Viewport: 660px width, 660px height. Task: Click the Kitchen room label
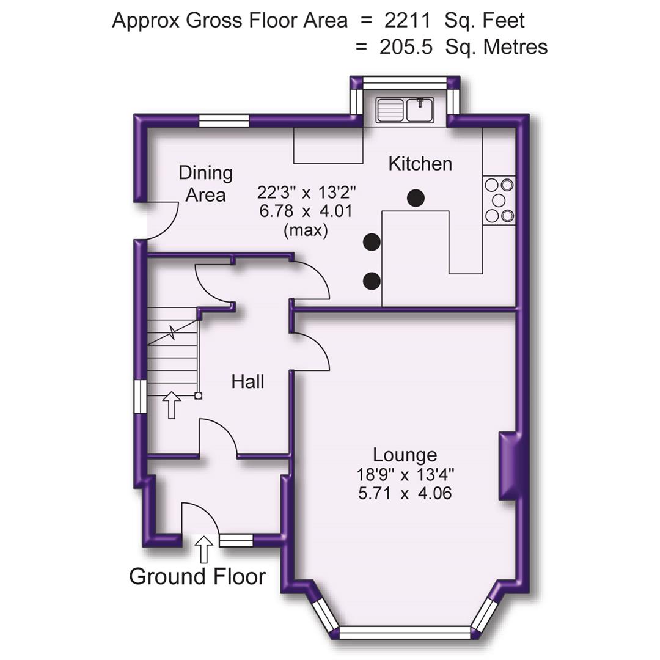tap(420, 164)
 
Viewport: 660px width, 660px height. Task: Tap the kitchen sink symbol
tap(405, 110)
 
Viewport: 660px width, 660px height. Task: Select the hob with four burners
tap(499, 200)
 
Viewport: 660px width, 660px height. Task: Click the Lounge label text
tap(405, 455)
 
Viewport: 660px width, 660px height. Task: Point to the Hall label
tap(248, 382)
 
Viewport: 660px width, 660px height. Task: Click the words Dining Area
tap(206, 184)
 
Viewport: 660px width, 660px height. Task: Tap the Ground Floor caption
tap(197, 576)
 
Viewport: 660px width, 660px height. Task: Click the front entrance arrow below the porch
tap(204, 549)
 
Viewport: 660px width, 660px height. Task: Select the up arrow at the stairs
tap(171, 405)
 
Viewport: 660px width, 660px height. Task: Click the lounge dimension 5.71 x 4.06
tap(405, 493)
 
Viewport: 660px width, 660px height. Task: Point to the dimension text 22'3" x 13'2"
tap(306, 193)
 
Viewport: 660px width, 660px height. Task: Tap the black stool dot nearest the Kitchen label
tap(416, 197)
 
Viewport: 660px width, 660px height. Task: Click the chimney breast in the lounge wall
tap(508, 466)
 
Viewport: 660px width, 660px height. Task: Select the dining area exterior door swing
tap(160, 220)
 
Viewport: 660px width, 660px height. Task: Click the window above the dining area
tap(224, 122)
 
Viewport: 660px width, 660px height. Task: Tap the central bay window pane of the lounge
tap(405, 631)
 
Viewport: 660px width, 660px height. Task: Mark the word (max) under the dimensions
tap(306, 232)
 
